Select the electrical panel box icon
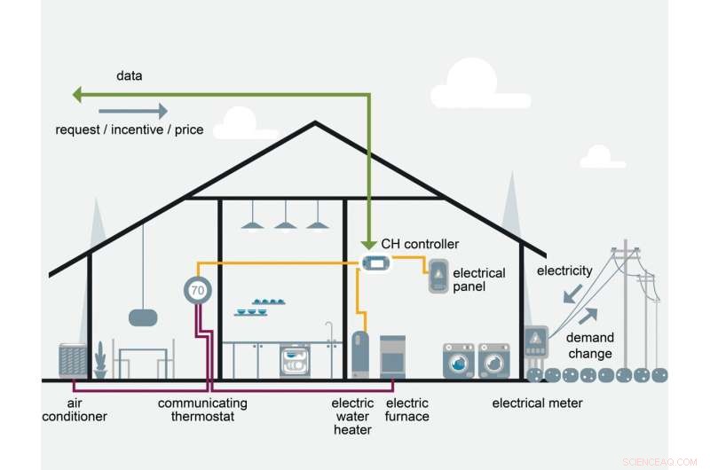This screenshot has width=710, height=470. (438, 277)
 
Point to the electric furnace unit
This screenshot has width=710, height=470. (392, 357)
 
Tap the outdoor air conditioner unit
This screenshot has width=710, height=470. (73, 361)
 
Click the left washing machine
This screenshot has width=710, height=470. (458, 361)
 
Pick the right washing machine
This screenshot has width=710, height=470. (493, 361)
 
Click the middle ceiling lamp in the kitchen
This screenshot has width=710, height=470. (285, 223)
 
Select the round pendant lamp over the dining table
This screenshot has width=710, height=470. (142, 317)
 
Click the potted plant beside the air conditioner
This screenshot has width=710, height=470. (100, 362)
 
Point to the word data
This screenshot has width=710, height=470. (130, 76)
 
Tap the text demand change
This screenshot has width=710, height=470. (589, 346)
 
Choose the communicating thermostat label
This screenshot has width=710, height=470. (202, 410)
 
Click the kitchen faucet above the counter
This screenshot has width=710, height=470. (330, 333)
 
